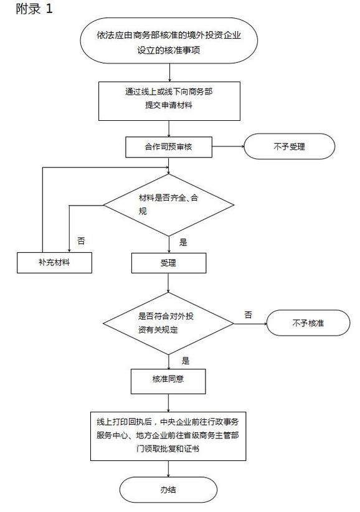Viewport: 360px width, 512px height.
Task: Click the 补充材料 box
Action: click(x=55, y=263)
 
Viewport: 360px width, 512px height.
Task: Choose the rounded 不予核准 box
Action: click(x=308, y=324)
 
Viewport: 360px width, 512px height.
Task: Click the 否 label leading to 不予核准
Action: click(x=249, y=314)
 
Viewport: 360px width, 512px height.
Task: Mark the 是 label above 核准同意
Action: click(x=185, y=360)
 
